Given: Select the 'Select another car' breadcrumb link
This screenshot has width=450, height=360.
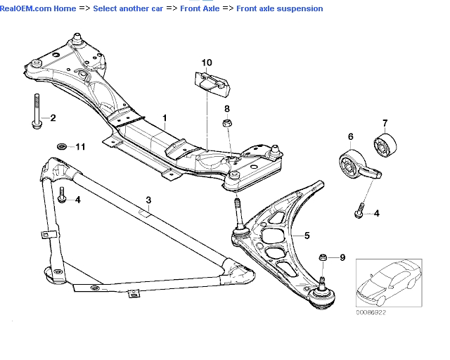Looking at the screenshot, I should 125,8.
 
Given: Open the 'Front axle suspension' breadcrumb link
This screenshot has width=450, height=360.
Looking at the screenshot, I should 279,8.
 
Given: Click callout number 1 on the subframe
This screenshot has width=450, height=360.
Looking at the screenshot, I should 165,118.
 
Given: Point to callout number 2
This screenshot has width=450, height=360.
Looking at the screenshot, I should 53,117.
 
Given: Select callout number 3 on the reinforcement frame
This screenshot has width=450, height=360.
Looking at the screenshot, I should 148,200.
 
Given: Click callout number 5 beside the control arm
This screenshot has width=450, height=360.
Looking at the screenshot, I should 306,235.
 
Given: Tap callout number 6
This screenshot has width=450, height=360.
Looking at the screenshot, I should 350,136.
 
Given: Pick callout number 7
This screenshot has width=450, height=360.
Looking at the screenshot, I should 385,123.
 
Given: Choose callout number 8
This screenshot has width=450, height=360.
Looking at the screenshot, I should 227,108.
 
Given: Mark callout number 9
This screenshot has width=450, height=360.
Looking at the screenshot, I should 342,258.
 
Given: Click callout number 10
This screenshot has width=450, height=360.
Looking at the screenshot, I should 206,63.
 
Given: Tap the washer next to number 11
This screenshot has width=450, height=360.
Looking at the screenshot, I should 62,147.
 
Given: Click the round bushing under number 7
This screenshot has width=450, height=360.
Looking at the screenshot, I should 386,146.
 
